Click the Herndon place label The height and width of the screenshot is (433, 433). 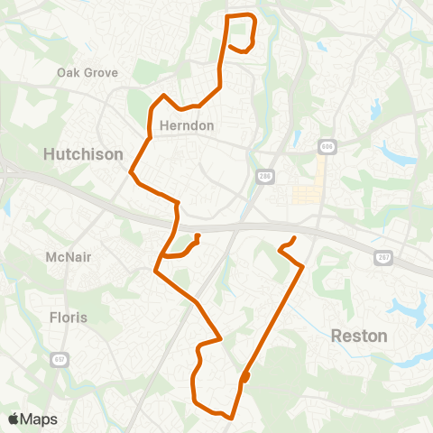click(x=187, y=125)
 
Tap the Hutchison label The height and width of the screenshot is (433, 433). click(x=83, y=155)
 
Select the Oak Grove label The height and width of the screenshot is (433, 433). click(x=88, y=72)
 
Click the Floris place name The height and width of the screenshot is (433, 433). click(x=69, y=317)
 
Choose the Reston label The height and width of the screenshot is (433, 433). click(x=359, y=336)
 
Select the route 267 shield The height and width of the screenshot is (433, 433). click(x=382, y=257)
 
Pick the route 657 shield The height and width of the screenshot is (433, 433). click(x=60, y=359)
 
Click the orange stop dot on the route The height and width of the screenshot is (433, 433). click(x=245, y=377)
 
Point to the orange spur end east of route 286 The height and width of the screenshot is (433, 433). click(x=295, y=238)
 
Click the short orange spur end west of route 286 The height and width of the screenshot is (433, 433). click(x=197, y=237)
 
